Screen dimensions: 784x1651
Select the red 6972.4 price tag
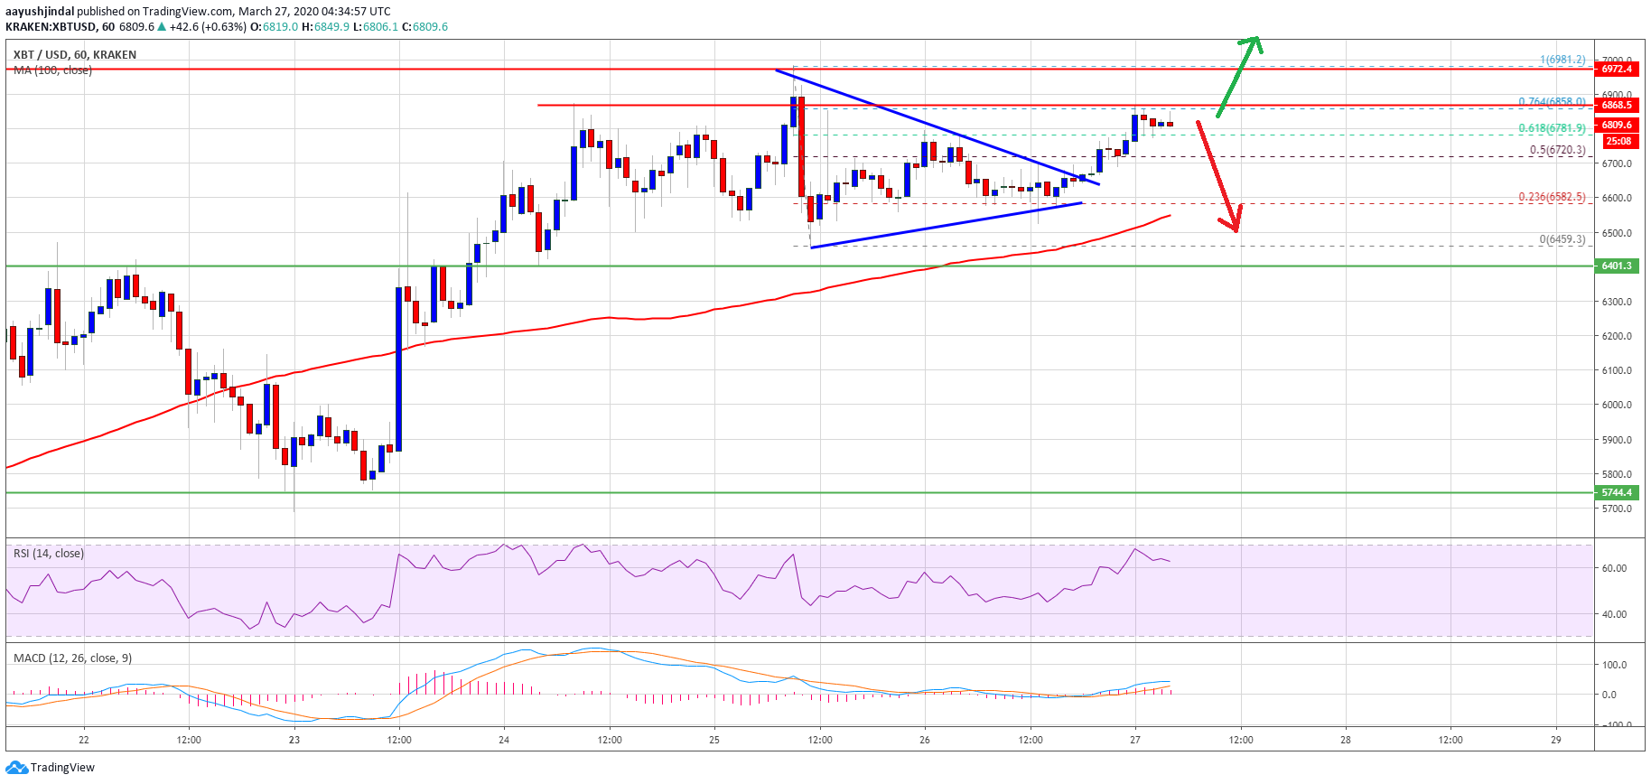point(1617,70)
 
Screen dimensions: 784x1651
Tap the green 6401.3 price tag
point(1617,266)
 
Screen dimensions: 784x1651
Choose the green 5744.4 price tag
point(1617,492)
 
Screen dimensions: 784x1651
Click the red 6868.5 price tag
point(1617,105)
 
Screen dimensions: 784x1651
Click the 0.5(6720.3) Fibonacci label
point(1557,150)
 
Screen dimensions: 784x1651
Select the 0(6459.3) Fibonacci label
point(1562,239)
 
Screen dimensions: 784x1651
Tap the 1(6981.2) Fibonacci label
point(1562,60)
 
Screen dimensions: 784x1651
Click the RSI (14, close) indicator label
point(49,553)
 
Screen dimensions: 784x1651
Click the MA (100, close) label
point(52,70)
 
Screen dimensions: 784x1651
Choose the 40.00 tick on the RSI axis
point(1614,614)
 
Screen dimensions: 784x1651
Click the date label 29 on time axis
point(1555,740)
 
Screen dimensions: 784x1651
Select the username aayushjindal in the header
point(40,12)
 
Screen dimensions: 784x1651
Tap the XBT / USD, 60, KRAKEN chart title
point(75,55)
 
